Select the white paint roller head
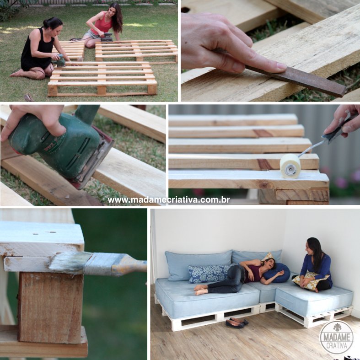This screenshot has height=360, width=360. tap(290, 166)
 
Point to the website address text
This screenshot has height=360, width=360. tap(169, 200)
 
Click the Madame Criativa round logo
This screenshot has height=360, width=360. tap(336, 337)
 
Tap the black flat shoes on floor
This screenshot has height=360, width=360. tap(237, 322)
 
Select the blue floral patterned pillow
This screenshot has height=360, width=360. tap(208, 274)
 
